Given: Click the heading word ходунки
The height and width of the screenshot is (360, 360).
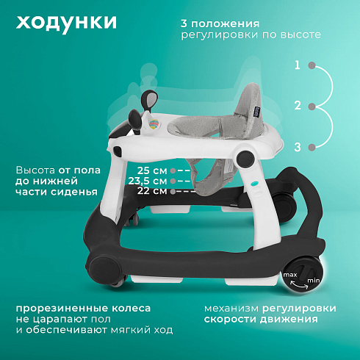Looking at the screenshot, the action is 66,23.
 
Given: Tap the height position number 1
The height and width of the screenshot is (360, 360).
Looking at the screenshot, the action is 298,65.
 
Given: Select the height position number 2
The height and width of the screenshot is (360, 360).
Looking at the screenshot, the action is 298,106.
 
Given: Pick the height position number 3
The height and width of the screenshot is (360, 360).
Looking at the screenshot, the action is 298,147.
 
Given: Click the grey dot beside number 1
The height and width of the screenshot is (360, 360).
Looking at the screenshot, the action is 312,65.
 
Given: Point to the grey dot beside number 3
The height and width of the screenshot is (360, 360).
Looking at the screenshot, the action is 312,148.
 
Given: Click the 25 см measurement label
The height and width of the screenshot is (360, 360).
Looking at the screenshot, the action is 152,170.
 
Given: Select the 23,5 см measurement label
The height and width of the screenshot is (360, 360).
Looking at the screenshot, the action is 148,181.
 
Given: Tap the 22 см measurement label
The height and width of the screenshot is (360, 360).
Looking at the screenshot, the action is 152,191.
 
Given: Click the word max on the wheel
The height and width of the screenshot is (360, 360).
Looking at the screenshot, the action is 290,275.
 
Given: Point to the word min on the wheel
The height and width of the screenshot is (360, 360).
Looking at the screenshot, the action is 314,280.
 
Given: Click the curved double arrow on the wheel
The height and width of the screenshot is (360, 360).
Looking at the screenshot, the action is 299,284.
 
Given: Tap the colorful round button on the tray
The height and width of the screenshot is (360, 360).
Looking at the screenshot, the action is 154,124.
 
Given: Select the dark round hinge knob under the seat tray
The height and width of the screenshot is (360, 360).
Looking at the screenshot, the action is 245,158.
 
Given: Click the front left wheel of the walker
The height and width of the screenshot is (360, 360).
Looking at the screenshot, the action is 105,268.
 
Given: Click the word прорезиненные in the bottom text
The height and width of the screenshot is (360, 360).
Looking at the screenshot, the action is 62,309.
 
